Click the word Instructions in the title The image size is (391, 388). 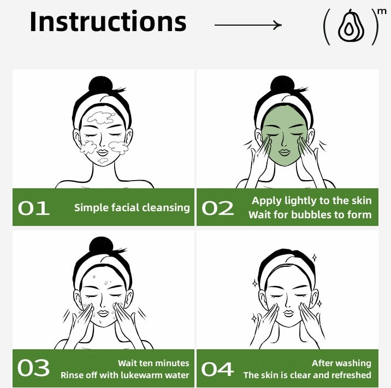click(108, 21)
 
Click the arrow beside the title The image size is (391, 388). click(248, 25)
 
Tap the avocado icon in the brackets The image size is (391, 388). click(351, 26)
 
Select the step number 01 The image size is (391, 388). click(34, 208)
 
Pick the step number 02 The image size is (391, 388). click(218, 208)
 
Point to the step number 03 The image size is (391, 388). click(33, 368)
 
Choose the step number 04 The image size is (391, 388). click(217, 369)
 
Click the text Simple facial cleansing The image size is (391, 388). click(132, 208)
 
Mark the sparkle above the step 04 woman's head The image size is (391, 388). click(315, 258)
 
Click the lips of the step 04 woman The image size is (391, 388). click(288, 313)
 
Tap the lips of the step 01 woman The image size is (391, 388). click(103, 152)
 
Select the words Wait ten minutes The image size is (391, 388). click(153, 363)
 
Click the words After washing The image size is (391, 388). click(341, 363)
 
